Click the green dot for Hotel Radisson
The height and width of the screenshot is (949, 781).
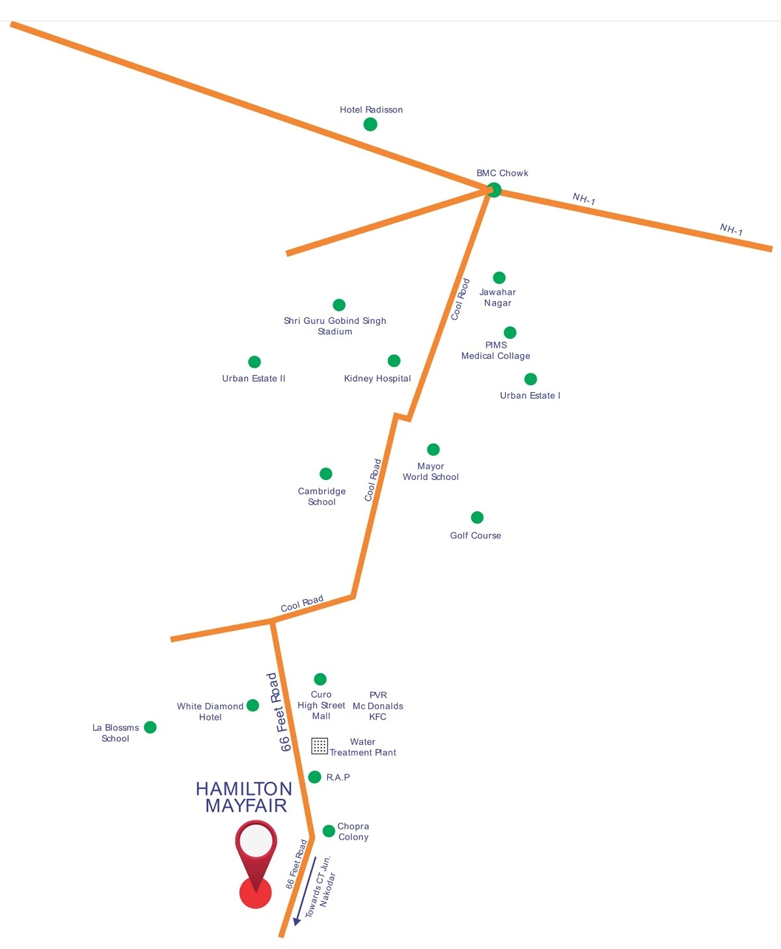click(x=370, y=124)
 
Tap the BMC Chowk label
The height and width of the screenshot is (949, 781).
click(x=502, y=173)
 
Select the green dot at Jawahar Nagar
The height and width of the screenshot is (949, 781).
click(x=499, y=278)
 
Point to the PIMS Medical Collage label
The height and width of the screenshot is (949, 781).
click(x=496, y=351)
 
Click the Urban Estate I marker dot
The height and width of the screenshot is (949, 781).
click(x=530, y=379)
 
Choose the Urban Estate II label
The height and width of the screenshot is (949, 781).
click(x=254, y=379)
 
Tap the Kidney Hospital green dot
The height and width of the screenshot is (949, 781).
click(x=394, y=361)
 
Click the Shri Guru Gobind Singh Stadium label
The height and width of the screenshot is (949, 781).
click(x=335, y=326)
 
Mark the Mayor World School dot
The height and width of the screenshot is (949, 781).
click(x=433, y=449)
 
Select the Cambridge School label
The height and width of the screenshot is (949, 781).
click(x=322, y=496)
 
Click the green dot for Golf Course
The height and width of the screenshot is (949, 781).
click(x=477, y=517)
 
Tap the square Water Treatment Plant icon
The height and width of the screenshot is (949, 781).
click(x=319, y=745)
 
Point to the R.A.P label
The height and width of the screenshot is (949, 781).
click(x=338, y=777)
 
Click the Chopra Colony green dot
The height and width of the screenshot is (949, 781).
click(x=329, y=831)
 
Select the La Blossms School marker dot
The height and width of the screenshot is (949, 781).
click(x=150, y=727)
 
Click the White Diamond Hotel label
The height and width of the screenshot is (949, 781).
click(x=210, y=712)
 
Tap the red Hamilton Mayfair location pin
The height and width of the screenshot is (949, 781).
click(x=256, y=859)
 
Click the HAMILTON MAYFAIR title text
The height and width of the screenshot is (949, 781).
click(x=245, y=797)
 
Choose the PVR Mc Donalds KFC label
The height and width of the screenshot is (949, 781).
click(x=377, y=706)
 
